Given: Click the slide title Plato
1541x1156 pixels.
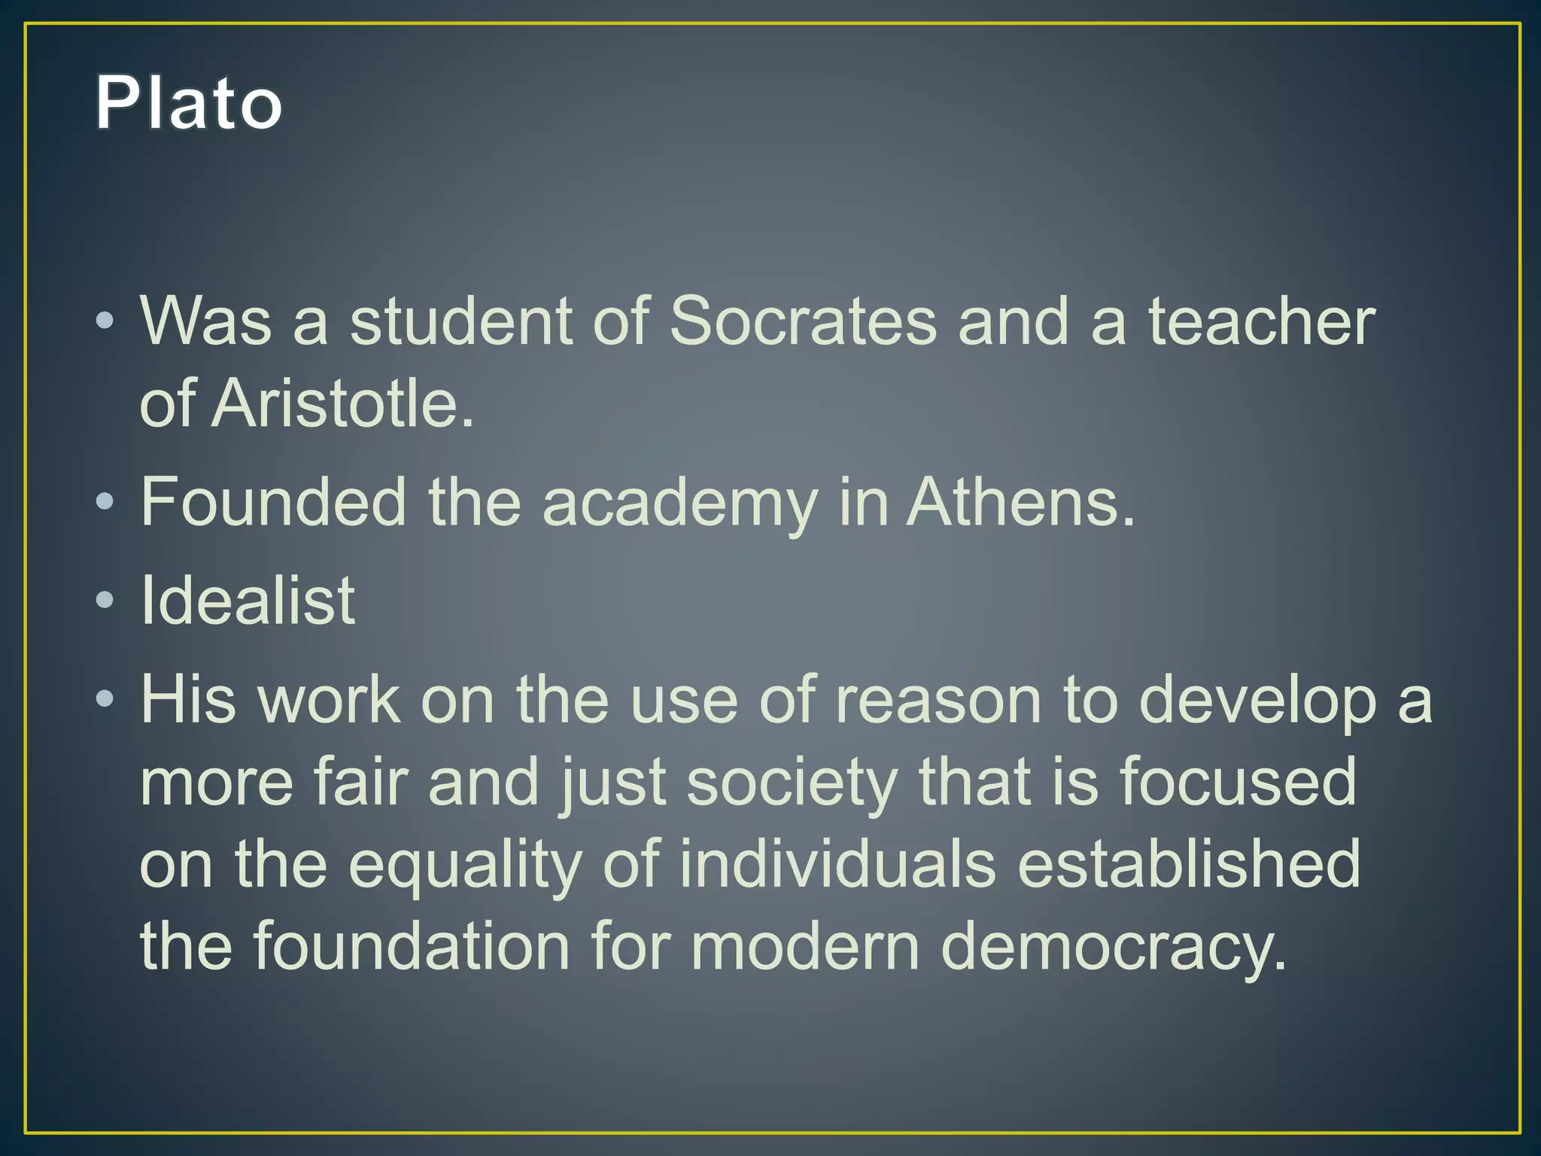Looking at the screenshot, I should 188,103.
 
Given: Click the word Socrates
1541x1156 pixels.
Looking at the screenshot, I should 802,322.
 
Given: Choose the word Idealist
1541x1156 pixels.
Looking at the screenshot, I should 248,601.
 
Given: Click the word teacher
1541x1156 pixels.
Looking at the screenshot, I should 1261,322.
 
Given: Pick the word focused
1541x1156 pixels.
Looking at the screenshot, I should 1238,783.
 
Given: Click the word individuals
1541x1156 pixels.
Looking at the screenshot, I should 838,865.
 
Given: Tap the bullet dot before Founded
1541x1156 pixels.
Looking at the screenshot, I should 105,502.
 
